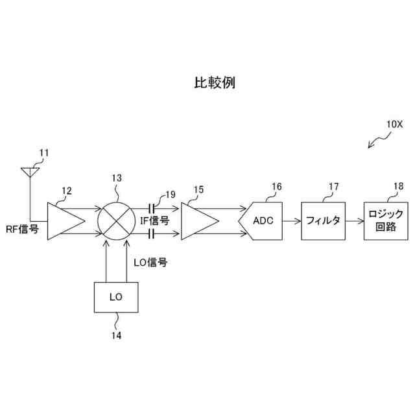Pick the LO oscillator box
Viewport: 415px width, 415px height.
pos(117,297)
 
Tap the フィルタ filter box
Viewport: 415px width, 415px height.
pos(323,220)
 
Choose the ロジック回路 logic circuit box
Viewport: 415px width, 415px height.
pos(386,220)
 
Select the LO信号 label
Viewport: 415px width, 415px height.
pos(150,263)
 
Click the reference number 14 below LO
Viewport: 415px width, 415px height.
pos(116,335)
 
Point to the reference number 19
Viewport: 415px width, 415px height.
pos(171,194)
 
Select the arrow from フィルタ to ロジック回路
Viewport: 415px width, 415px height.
pos(354,220)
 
